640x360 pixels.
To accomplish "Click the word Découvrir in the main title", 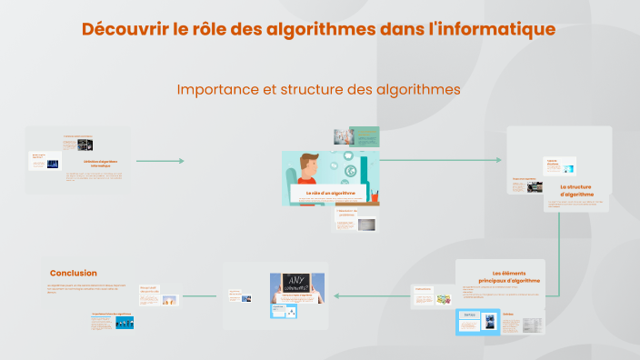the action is (122, 29).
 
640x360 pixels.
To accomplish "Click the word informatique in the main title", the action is (498, 29).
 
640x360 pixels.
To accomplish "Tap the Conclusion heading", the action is (74, 273).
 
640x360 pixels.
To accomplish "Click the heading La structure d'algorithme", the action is (576, 189).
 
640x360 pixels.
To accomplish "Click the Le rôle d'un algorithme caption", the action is (331, 193).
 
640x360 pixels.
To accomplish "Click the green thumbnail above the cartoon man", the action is (365, 136).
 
